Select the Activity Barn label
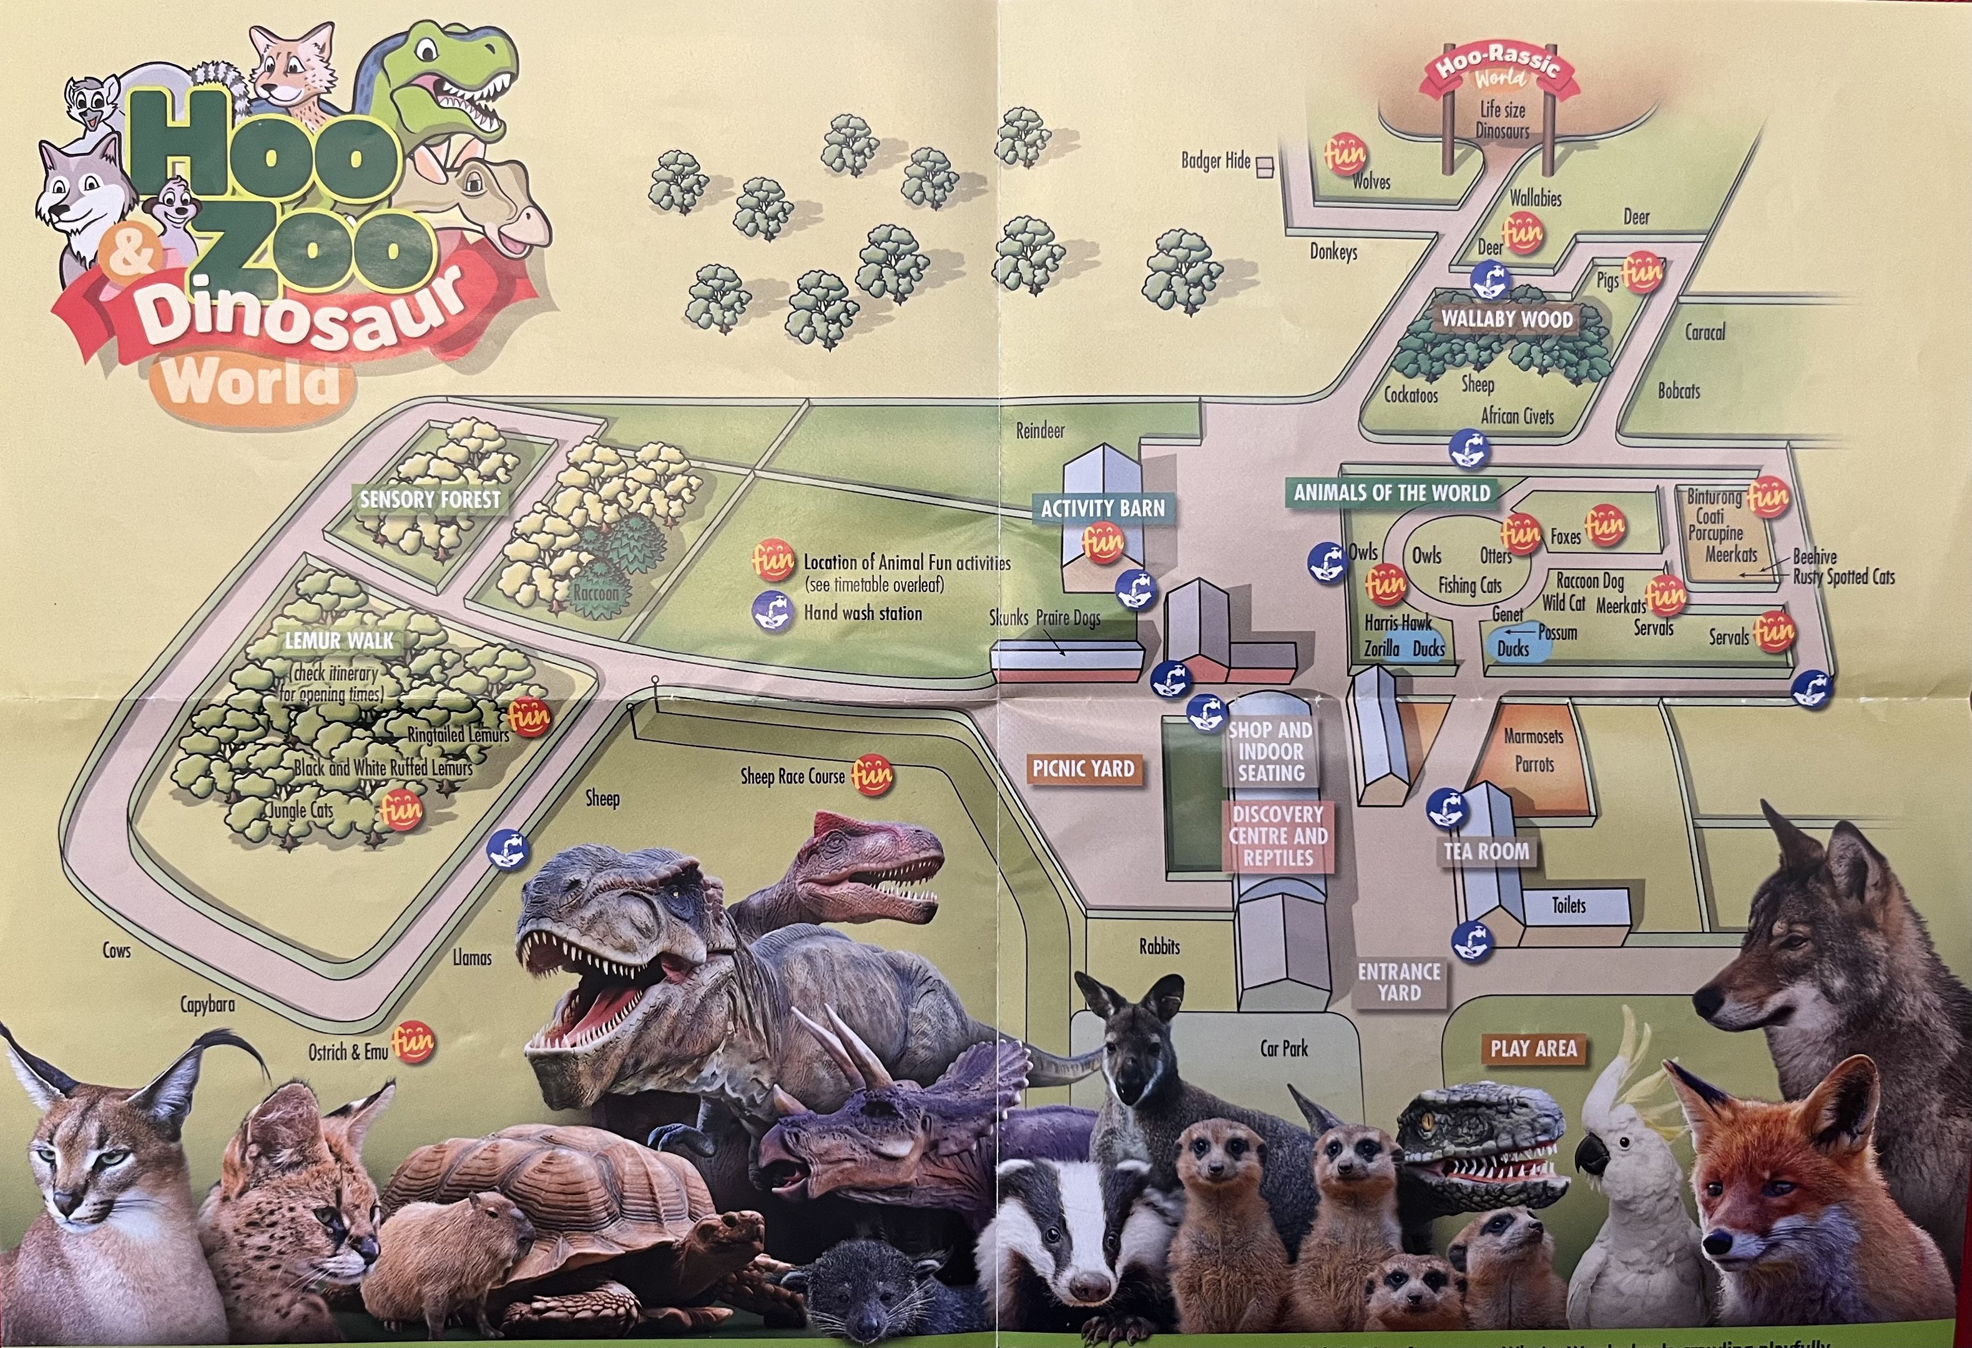[x=1102, y=508]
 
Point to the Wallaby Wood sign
[x=1507, y=320]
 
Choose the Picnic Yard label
[x=1082, y=769]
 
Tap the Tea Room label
[x=1486, y=851]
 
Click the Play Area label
[x=1533, y=1048]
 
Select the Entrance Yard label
[x=1398, y=982]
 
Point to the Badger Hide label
[x=1215, y=160]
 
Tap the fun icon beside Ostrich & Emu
[x=413, y=1041]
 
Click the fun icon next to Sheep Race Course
[x=872, y=774]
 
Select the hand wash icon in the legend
[x=773, y=612]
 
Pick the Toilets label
[x=1568, y=905]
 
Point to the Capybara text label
[x=207, y=1004]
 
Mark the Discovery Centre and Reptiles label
[x=1278, y=836]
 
